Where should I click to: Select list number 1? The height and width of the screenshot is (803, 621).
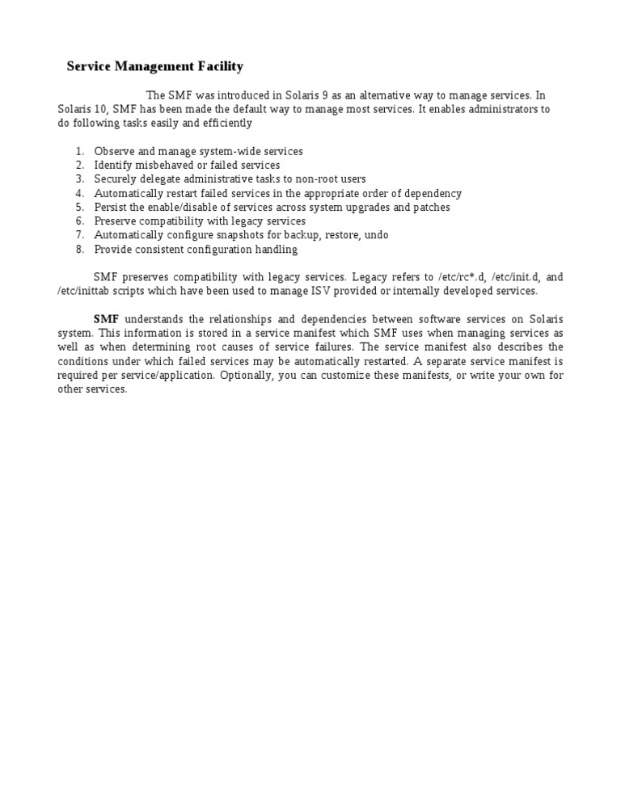(x=79, y=151)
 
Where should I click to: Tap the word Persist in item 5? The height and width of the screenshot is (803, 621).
(x=111, y=207)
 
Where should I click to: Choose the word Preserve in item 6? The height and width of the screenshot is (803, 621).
(x=116, y=221)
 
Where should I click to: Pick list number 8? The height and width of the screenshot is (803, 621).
(x=79, y=249)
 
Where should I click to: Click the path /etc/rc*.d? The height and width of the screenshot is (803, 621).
(x=462, y=276)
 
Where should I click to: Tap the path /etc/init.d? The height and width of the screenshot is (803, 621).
(x=515, y=276)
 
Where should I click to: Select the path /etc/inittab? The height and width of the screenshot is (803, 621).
(x=80, y=290)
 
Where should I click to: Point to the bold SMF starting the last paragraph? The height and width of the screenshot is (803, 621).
(x=106, y=319)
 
